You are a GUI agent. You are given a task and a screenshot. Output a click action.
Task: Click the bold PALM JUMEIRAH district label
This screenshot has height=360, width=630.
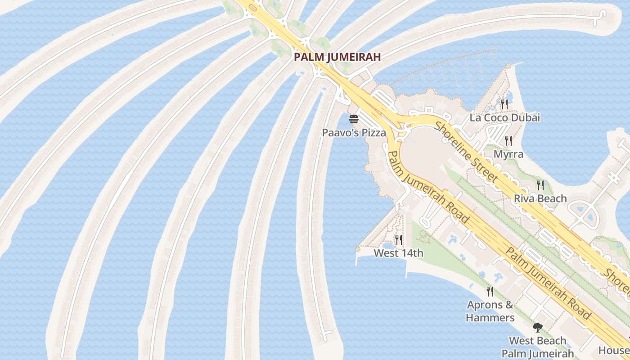(x=337, y=57)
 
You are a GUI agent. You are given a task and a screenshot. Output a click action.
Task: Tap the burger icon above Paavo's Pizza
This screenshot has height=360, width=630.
(x=354, y=120)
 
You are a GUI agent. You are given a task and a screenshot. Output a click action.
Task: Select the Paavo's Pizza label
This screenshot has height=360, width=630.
(x=354, y=133)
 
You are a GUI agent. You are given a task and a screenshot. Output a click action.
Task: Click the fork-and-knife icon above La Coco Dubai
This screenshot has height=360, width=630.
(x=504, y=104)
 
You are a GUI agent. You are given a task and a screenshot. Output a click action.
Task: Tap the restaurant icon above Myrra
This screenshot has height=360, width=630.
(x=508, y=141)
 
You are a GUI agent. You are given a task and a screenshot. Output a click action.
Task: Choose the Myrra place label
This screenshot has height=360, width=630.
(x=508, y=154)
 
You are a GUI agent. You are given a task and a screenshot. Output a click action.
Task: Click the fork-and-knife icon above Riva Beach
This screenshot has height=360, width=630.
(x=540, y=185)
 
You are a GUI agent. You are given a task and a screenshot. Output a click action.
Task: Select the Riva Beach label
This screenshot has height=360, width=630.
(x=540, y=198)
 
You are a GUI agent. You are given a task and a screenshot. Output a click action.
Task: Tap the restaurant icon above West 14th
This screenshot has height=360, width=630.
(x=398, y=239)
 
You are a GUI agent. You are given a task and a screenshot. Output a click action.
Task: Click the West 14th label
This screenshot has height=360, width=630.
(x=398, y=253)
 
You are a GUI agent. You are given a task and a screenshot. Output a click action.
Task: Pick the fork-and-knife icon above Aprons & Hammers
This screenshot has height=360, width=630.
(x=490, y=292)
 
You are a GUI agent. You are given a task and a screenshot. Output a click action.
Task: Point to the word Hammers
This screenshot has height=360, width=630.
(x=490, y=318)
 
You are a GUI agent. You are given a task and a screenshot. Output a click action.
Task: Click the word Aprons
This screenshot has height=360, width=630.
(x=484, y=305)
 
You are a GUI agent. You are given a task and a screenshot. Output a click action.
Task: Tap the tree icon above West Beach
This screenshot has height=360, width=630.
(x=537, y=327)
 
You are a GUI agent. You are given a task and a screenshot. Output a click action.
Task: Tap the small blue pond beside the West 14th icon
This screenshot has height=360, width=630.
(x=388, y=245)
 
